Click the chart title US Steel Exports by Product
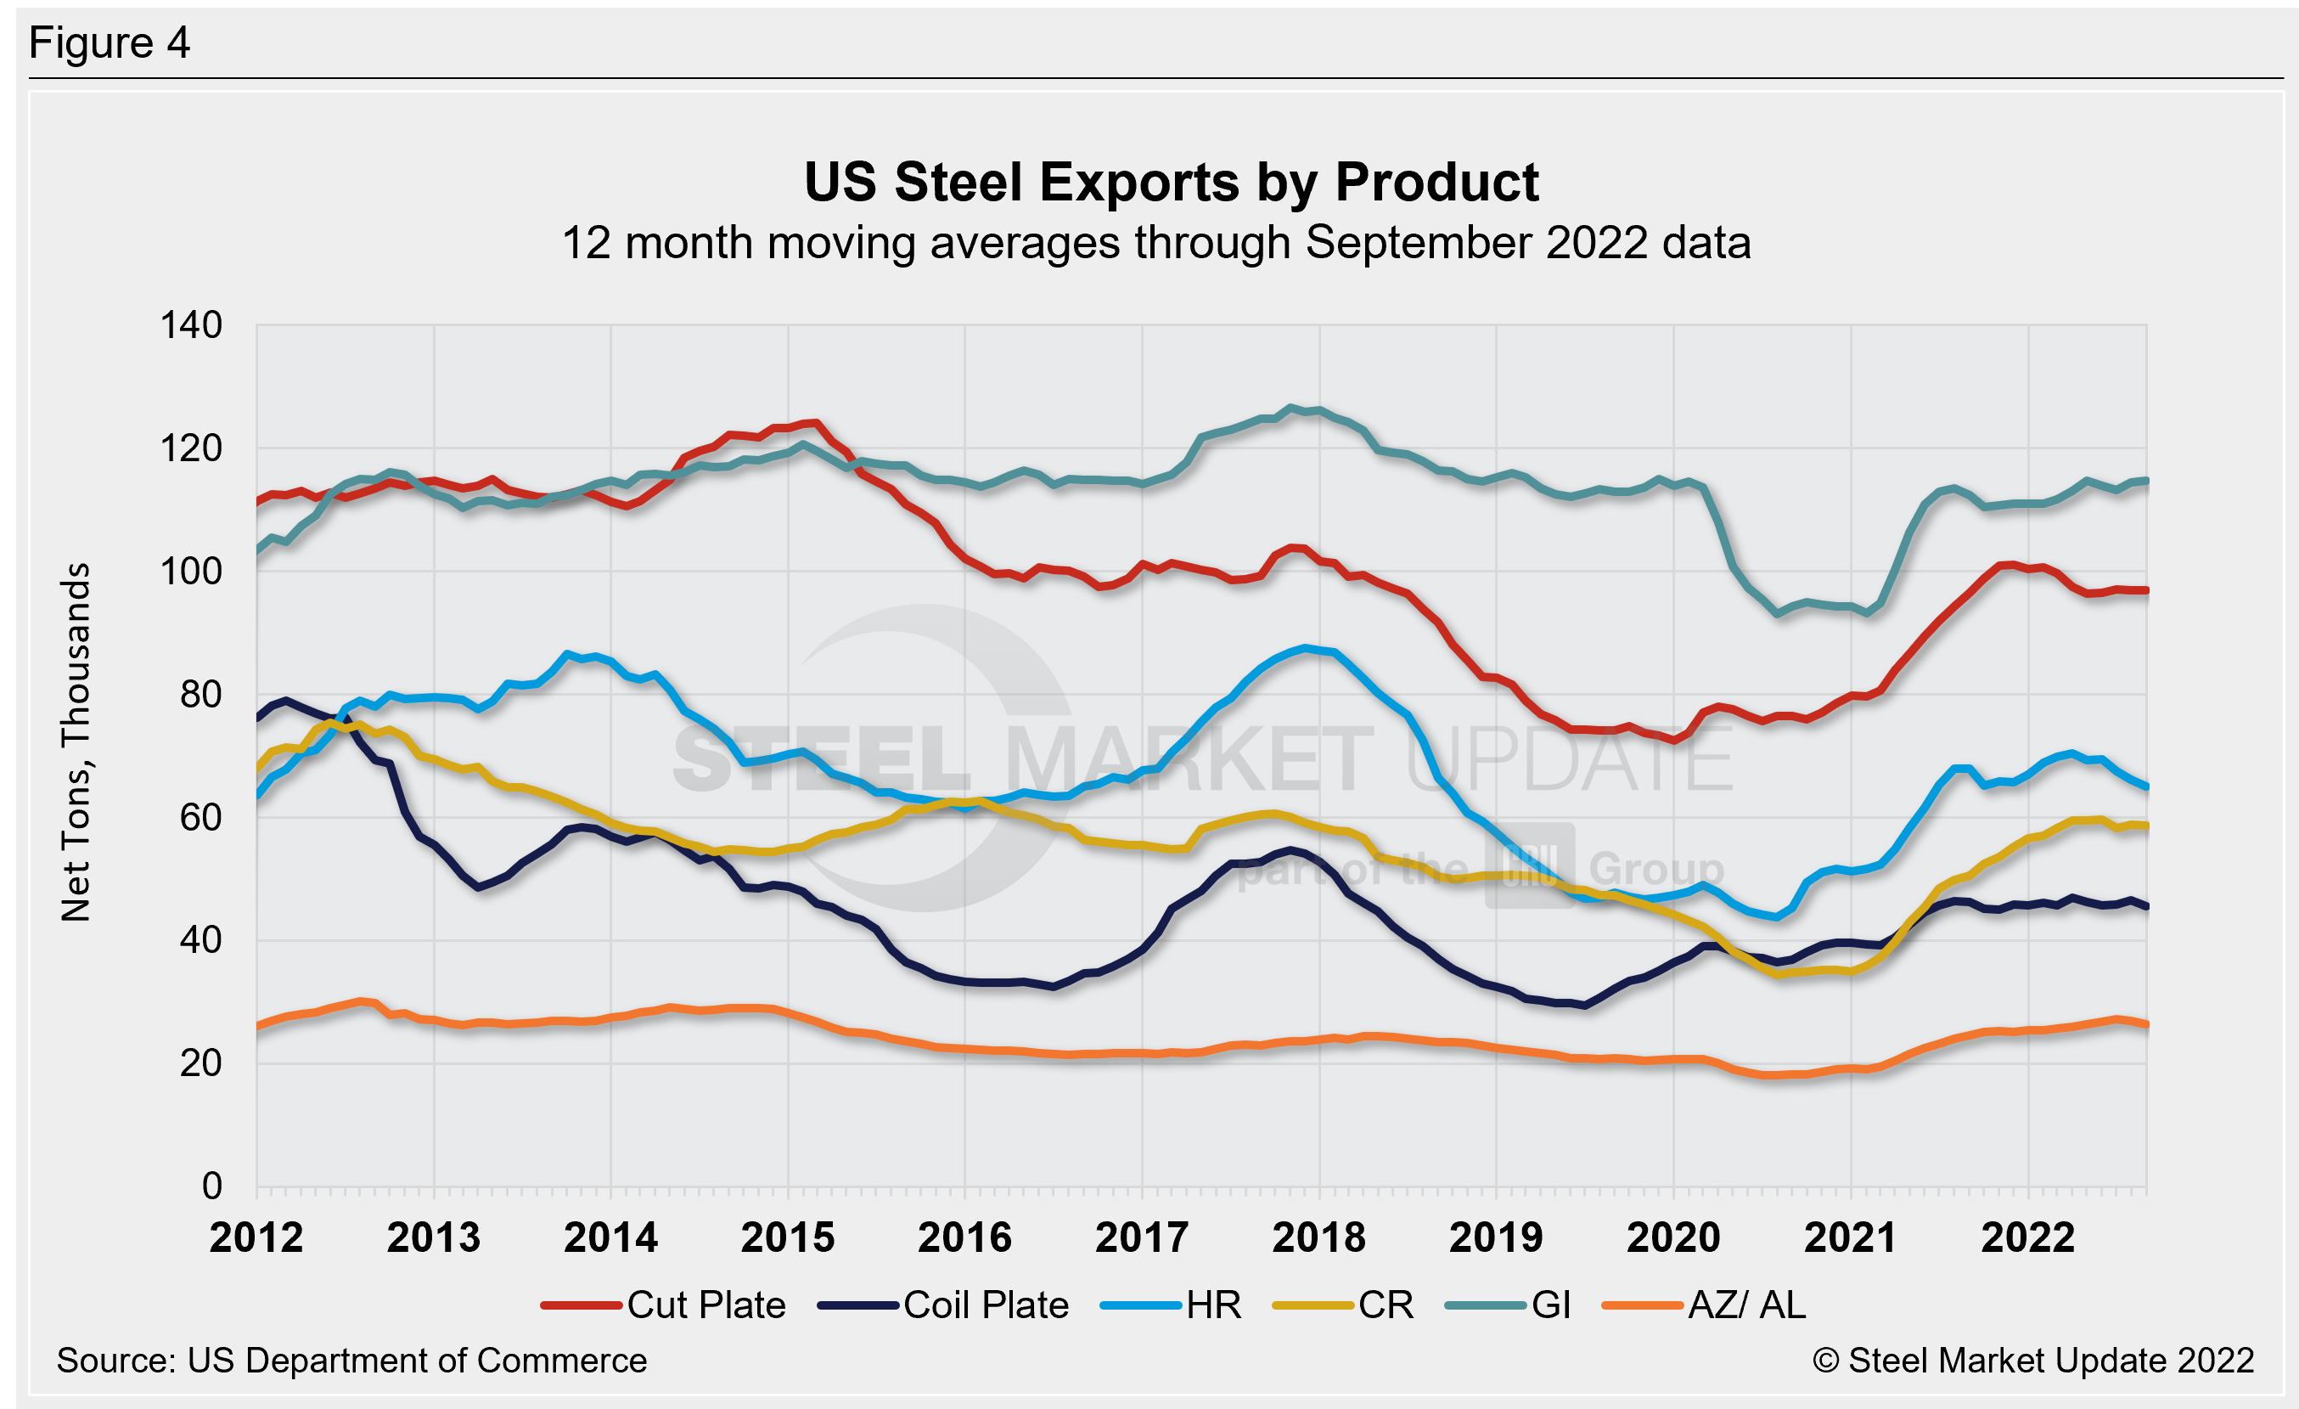tap(1171, 182)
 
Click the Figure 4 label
tap(110, 43)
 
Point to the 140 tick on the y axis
tap(191, 325)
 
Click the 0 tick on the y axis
tap(211, 1186)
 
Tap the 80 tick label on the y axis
tap(200, 694)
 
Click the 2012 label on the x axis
tap(256, 1238)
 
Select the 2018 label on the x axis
tap(1318, 1238)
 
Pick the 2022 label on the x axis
tap(2027, 1238)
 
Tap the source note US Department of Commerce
tap(351, 1361)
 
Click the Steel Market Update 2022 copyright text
tap(2033, 1361)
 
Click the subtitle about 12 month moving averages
tap(1156, 244)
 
